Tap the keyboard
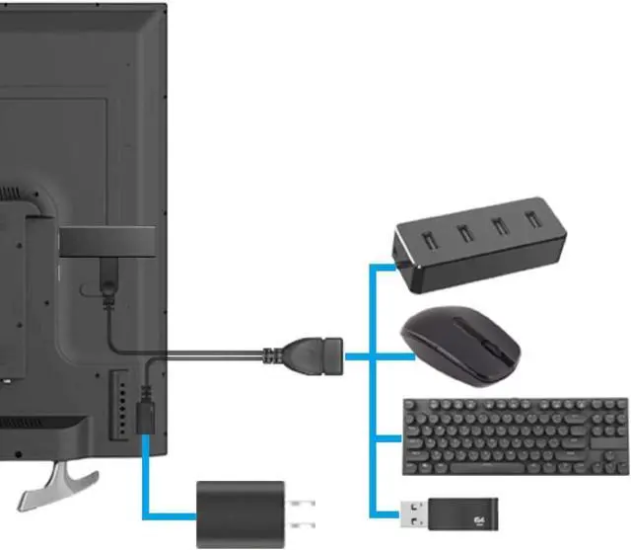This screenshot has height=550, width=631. tap(515, 435)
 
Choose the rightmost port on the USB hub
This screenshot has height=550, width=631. tap(533, 218)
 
